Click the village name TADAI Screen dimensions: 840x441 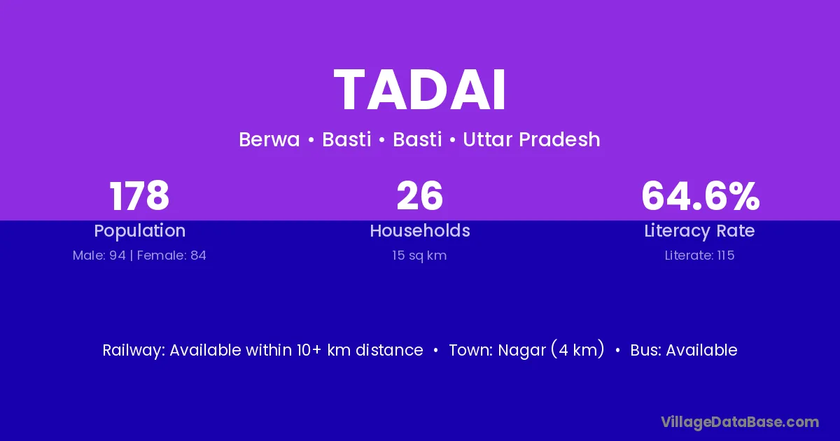tap(419, 90)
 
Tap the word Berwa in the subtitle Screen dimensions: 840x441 tap(269, 139)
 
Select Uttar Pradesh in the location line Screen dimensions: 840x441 tap(531, 139)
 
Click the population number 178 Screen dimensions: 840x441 tap(139, 196)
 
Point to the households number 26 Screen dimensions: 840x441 tap(419, 196)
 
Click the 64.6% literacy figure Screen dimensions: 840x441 tap(700, 196)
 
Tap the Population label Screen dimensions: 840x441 tap(140, 231)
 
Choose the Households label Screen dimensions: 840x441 tap(420, 230)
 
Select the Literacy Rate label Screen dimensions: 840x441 tap(700, 231)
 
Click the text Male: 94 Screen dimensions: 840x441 tap(99, 255)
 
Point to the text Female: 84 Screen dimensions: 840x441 tap(171, 255)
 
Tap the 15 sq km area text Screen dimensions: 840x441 tap(419, 255)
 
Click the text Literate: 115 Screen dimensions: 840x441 tap(700, 255)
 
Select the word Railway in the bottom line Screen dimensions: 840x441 tap(134, 350)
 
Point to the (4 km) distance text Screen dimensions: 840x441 tap(577, 350)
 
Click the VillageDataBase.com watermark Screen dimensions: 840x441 tap(740, 422)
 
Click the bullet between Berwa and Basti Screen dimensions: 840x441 tap(311, 140)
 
